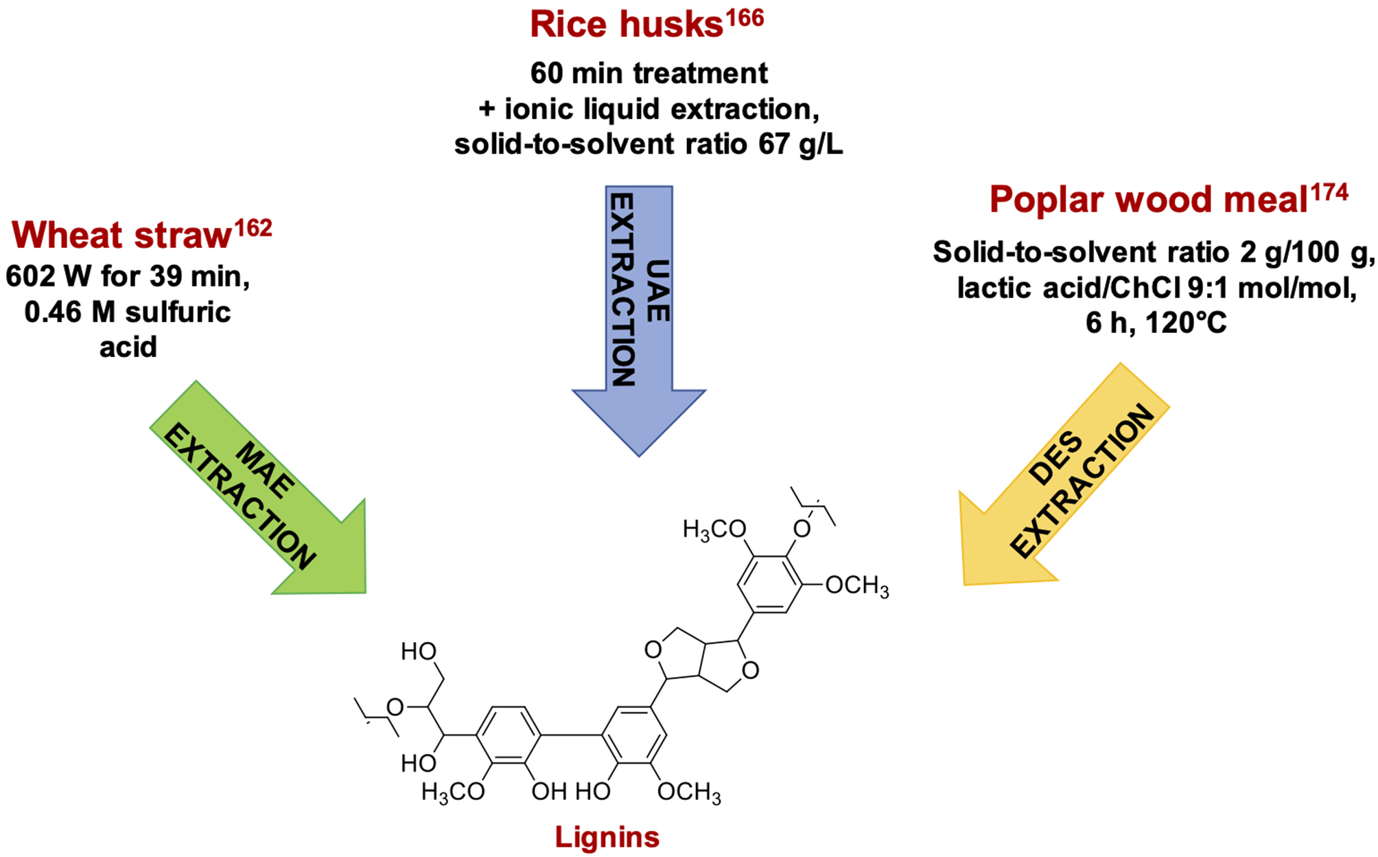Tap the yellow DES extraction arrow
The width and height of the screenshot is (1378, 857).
coord(1064,481)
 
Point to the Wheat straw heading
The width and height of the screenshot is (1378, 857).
coord(122,235)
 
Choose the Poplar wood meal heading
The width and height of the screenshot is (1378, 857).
coord(1148,200)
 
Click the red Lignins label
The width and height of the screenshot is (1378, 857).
coord(607,837)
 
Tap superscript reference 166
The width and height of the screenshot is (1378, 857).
coord(745,18)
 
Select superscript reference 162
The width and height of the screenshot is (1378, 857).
coord(254,228)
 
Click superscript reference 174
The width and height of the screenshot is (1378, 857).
coord(1329,193)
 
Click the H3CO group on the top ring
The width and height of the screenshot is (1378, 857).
coord(714,529)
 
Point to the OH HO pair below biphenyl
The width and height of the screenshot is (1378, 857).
coord(571,792)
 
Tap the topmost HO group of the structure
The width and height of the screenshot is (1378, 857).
coord(419,651)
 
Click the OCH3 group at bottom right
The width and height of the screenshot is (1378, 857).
coord(689,792)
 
